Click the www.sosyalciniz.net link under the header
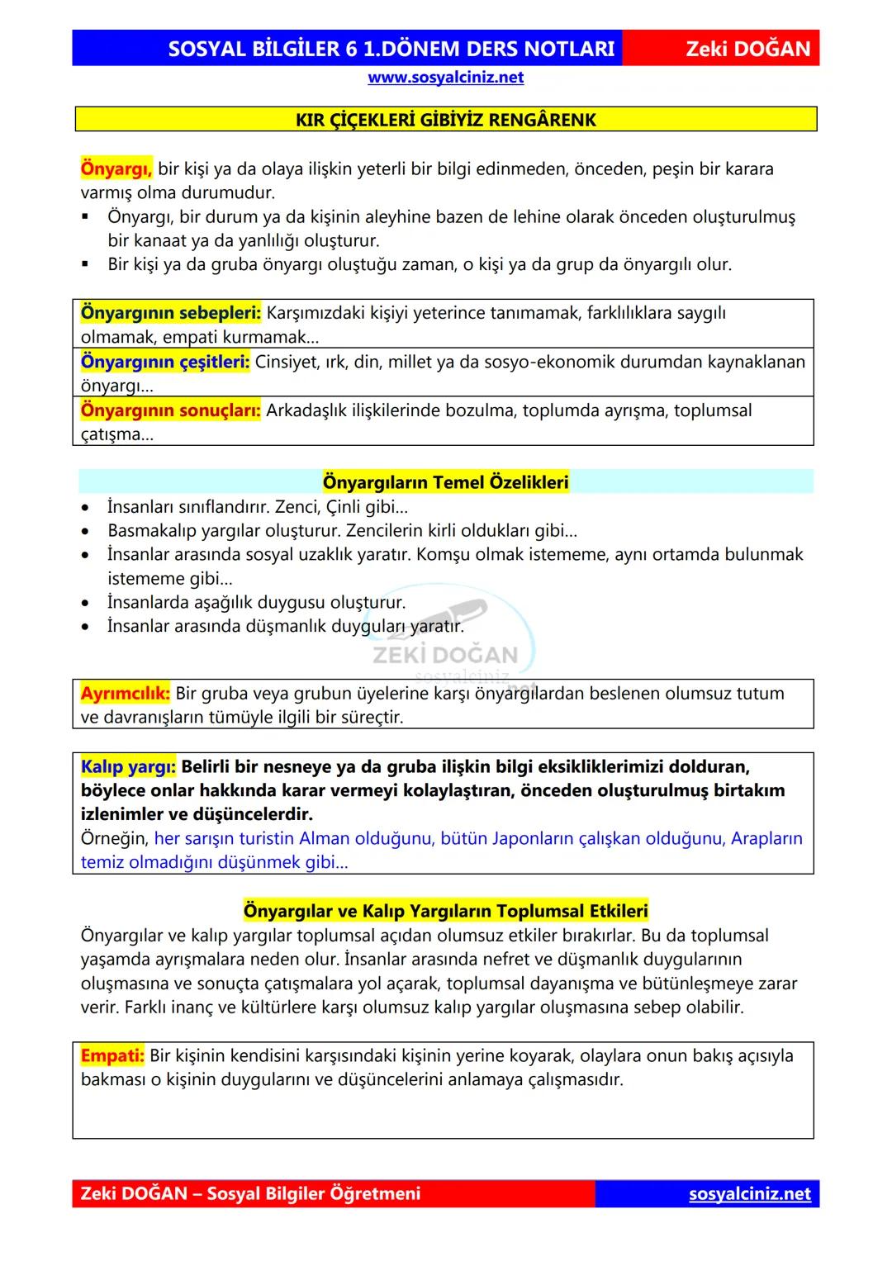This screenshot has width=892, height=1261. coord(445,78)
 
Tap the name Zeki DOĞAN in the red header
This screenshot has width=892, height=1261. coord(748,49)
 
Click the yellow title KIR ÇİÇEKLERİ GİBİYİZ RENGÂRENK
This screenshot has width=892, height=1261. coord(445,120)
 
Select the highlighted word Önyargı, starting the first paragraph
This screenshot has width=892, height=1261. coord(116,169)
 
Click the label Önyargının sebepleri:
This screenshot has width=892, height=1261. coord(170,313)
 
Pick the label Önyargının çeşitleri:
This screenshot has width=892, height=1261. coord(165,362)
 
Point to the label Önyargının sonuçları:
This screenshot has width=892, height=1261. coord(170,410)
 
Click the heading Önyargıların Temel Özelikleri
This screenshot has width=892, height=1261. coord(445,482)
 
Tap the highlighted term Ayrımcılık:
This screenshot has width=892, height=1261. coord(125,694)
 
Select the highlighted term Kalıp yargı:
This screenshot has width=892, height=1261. coord(128,767)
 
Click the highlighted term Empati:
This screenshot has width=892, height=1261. coord(112,1056)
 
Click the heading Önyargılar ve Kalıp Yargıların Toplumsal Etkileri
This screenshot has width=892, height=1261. coord(445,911)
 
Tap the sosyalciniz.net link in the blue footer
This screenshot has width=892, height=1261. coord(749,1194)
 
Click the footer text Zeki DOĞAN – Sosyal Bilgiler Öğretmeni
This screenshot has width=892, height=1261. coord(250,1194)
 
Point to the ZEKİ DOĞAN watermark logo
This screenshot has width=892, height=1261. coord(446,644)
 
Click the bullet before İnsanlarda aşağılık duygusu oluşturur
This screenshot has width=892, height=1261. coord(86,604)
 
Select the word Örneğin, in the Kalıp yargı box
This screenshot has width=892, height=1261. coord(115,839)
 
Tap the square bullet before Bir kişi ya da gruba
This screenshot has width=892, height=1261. coord(86,265)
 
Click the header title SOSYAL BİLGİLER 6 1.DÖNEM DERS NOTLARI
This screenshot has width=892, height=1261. coord(391,49)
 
